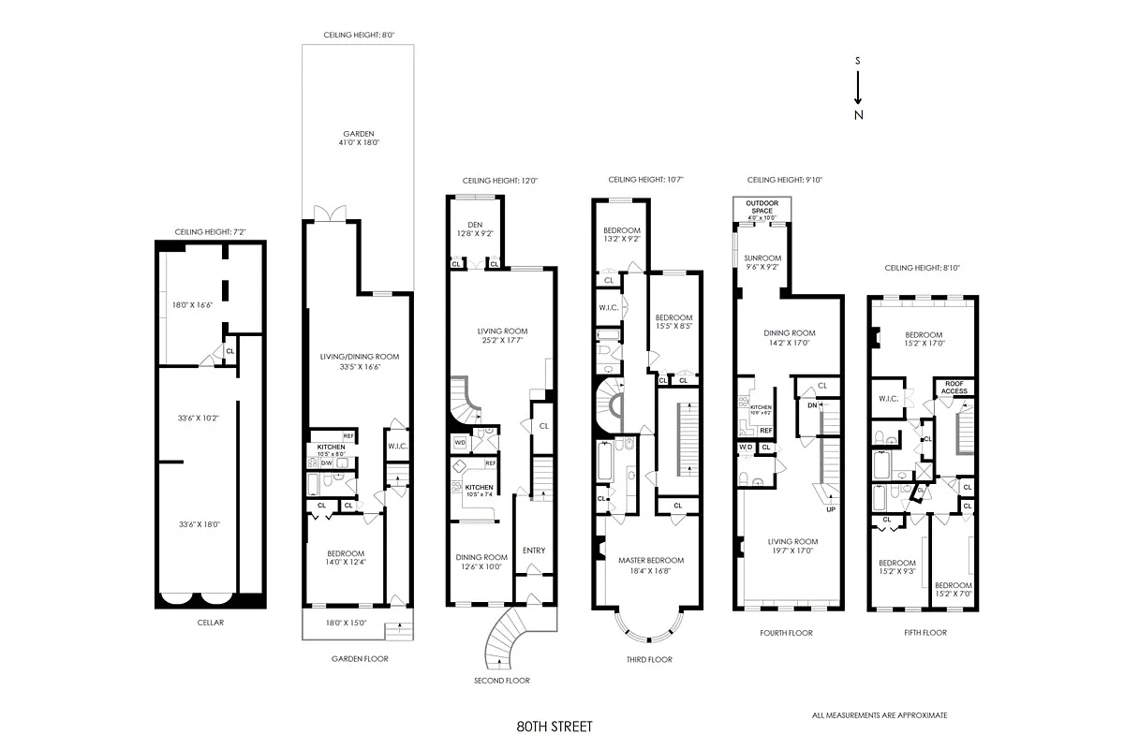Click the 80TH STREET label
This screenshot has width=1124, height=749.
555,726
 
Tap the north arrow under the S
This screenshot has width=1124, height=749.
858,93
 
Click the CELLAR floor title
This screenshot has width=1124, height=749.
210,622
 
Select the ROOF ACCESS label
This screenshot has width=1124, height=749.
954,388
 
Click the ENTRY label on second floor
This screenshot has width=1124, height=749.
534,551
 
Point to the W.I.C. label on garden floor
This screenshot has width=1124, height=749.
397,446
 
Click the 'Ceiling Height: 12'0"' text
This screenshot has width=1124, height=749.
499,181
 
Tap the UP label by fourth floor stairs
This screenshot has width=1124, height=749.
830,510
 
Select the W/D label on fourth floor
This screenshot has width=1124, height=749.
746,448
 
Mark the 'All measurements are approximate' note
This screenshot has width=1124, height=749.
880,715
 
